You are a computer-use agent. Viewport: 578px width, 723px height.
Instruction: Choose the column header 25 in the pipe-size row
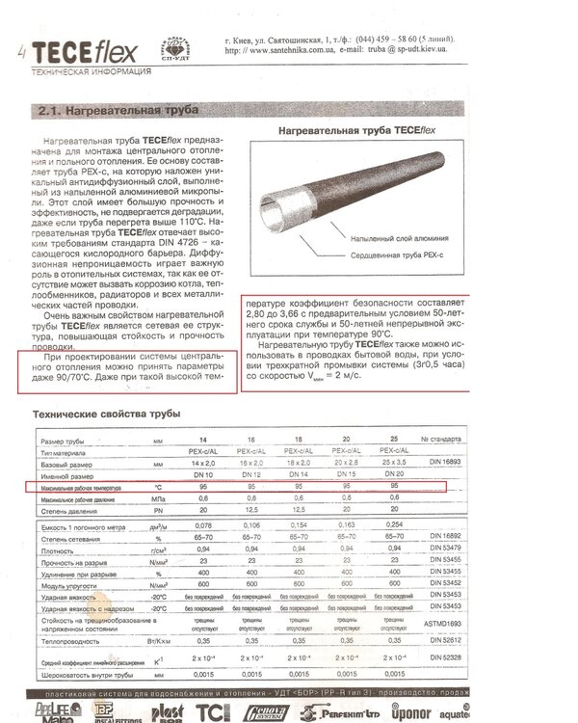point(393,439)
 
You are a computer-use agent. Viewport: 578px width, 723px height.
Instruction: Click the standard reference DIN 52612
point(444,640)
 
